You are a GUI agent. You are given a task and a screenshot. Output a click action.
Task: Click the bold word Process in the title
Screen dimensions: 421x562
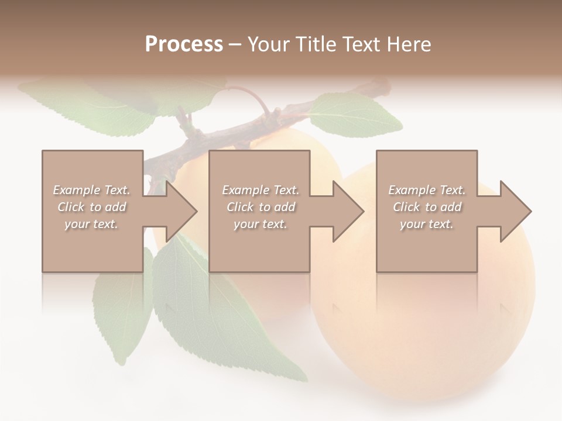[184, 44]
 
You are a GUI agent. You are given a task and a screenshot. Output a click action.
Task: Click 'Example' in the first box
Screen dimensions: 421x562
[76, 190]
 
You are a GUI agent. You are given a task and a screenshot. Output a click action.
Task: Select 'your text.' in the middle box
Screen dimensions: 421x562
[260, 224]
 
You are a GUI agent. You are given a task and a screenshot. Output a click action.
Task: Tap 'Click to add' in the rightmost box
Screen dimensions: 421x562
[427, 207]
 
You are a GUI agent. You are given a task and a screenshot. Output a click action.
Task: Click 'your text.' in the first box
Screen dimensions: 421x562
[91, 224]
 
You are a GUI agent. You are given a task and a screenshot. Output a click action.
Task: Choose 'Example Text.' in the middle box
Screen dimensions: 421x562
[260, 190]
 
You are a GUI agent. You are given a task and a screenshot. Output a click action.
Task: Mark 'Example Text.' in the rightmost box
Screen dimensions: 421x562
[427, 190]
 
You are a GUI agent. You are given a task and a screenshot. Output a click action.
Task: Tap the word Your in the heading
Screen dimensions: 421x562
[267, 44]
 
